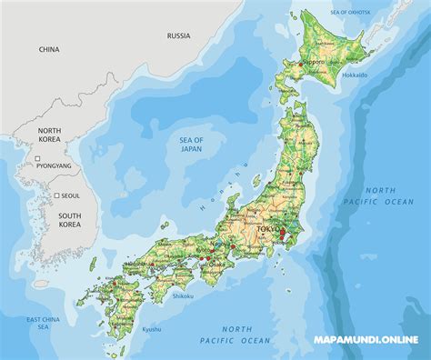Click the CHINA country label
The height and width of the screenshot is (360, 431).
(48, 49)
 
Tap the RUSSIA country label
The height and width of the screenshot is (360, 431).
(178, 35)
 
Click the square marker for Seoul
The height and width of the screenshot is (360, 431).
(56, 195)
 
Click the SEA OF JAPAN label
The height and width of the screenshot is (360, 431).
(191, 144)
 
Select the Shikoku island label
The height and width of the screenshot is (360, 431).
(183, 295)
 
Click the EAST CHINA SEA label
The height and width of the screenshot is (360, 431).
(44, 324)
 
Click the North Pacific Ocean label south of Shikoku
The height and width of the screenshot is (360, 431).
(246, 334)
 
